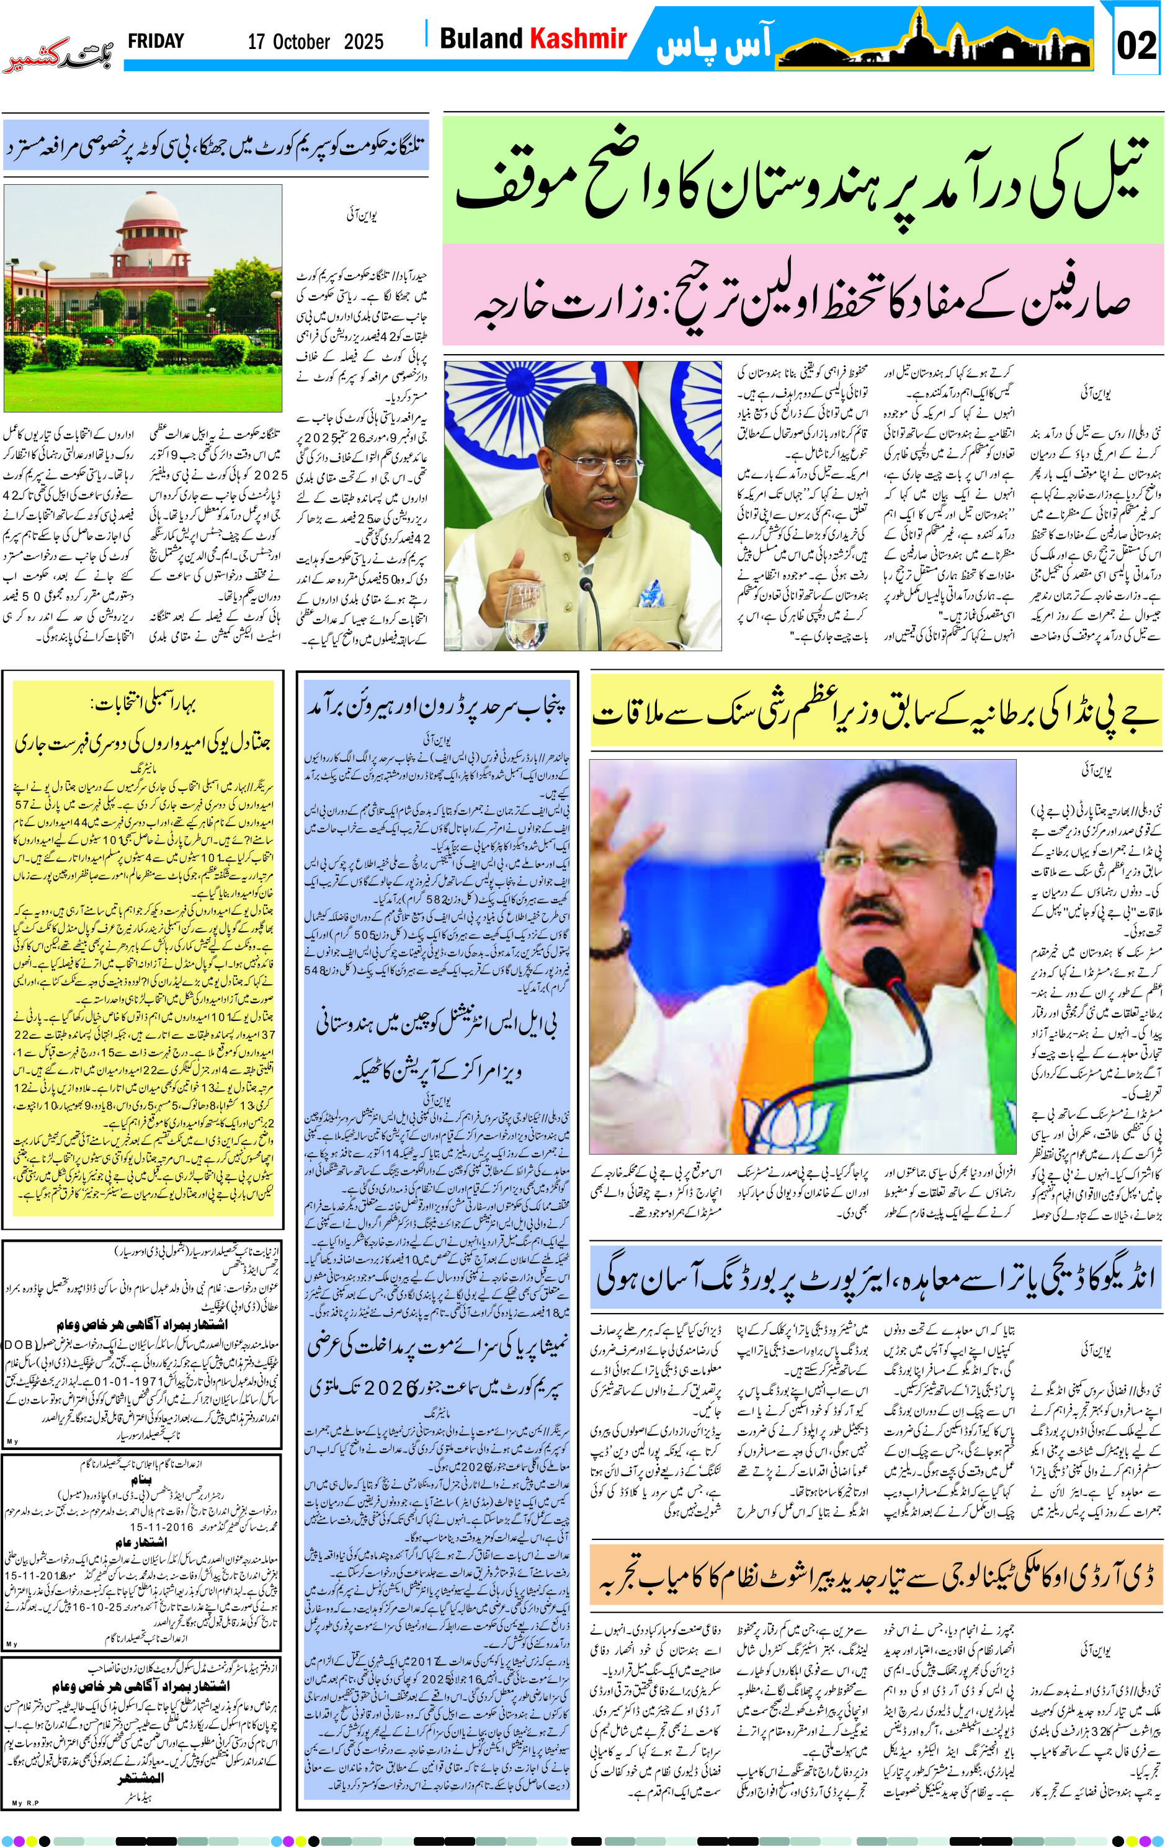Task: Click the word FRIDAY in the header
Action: click(x=156, y=41)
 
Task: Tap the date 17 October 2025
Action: click(x=315, y=42)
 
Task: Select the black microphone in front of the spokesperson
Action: click(x=587, y=594)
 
